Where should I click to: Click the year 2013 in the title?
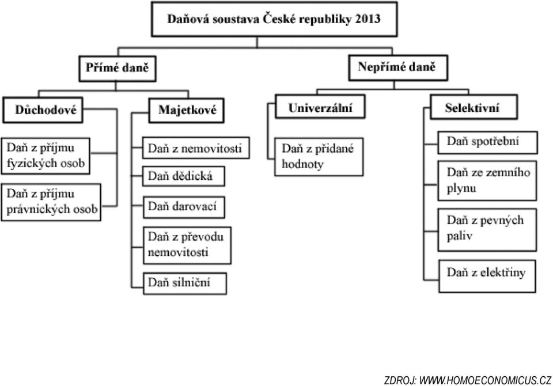368,18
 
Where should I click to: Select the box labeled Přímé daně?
118,69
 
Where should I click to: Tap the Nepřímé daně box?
398,67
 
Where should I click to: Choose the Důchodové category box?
43,110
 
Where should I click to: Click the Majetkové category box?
186,110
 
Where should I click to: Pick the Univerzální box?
320,106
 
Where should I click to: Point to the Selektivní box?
474,107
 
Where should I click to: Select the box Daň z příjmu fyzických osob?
46,156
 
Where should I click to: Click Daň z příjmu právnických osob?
51,202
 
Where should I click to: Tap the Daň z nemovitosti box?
196,148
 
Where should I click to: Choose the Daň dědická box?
183,176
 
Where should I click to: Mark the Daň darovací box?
184,207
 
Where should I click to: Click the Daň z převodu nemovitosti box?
187,245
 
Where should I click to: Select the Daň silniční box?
185,283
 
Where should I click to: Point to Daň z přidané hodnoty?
319,157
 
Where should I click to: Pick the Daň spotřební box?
487,142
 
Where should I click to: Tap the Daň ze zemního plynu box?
487,181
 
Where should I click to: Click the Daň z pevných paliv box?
487,230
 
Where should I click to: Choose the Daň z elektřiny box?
487,277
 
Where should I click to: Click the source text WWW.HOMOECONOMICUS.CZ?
485,381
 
